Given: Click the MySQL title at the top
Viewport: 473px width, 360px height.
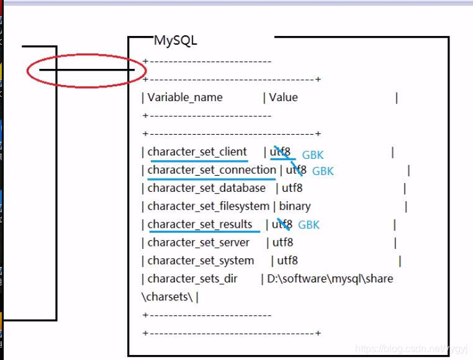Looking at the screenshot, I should click(175, 41).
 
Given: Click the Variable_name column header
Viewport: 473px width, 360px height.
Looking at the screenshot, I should click(185, 97).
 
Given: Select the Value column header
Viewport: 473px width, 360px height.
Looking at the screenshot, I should click(283, 97).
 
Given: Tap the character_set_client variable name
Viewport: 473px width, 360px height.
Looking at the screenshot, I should click(197, 152).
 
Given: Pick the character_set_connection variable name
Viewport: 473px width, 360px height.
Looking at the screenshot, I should click(212, 170).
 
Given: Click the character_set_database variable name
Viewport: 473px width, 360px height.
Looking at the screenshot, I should click(206, 188).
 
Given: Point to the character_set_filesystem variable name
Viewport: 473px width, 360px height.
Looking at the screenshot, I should click(208, 206).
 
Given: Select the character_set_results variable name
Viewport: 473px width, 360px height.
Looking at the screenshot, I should click(200, 224).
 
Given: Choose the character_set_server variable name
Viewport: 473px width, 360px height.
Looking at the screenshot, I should click(199, 242).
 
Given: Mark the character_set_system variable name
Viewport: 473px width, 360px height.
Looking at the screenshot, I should click(200, 261).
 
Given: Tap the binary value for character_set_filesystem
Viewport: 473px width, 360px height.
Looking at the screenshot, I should click(295, 206).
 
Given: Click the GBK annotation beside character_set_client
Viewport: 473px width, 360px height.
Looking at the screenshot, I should click(313, 155).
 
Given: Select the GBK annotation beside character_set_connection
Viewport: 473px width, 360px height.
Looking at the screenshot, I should click(323, 171).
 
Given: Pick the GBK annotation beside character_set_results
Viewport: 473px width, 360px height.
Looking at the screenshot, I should click(309, 225).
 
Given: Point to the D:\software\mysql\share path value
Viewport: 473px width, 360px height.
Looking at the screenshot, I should click(330, 279).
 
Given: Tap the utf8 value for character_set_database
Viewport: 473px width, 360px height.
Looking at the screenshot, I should click(292, 188).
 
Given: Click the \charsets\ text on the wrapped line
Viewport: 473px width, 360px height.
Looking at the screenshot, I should click(167, 297).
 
